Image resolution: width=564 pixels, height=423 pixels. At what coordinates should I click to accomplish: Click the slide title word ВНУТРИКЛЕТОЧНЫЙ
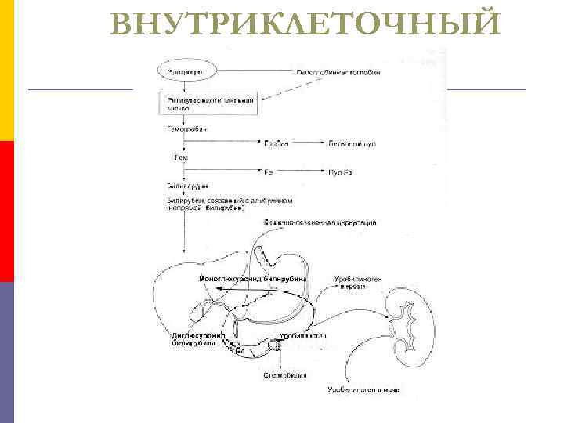306,23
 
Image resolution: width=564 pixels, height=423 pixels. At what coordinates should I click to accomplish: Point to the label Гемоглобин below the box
186,128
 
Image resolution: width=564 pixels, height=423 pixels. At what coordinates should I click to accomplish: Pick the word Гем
180,157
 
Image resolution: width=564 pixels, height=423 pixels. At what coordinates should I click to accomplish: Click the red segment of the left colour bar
7,211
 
